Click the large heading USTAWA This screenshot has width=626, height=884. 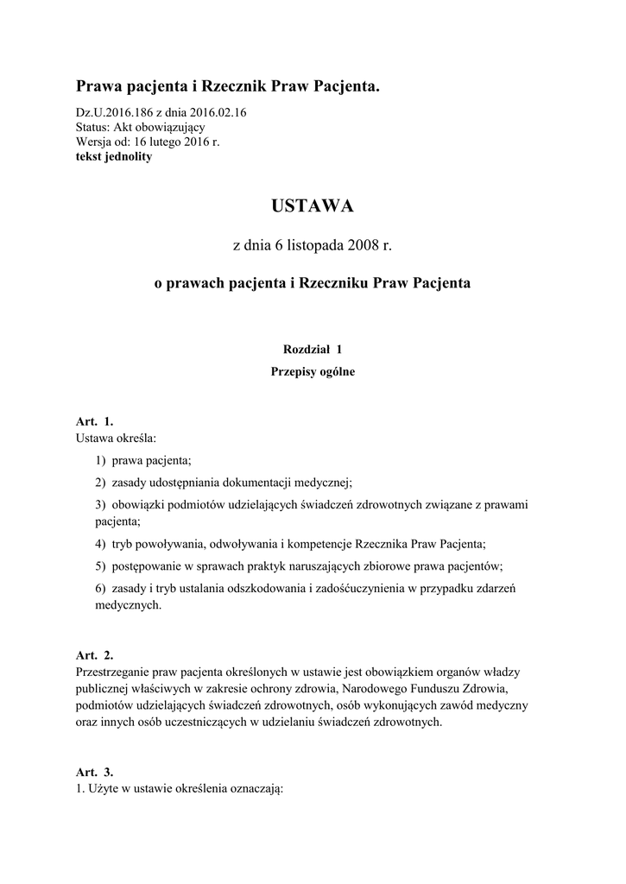pos(313,206)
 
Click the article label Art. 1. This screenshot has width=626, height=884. pos(95,422)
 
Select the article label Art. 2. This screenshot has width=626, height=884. pos(95,655)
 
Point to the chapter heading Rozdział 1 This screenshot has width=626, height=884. pos(313,350)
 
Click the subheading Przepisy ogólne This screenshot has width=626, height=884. pos(313,373)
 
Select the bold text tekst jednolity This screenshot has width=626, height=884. pos(114,157)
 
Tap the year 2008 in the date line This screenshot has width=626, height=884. pos(364,246)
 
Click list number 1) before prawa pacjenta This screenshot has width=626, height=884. pos(101,461)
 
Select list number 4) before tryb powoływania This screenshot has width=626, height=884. pos(101,545)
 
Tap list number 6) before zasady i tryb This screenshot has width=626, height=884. pos(101,589)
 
